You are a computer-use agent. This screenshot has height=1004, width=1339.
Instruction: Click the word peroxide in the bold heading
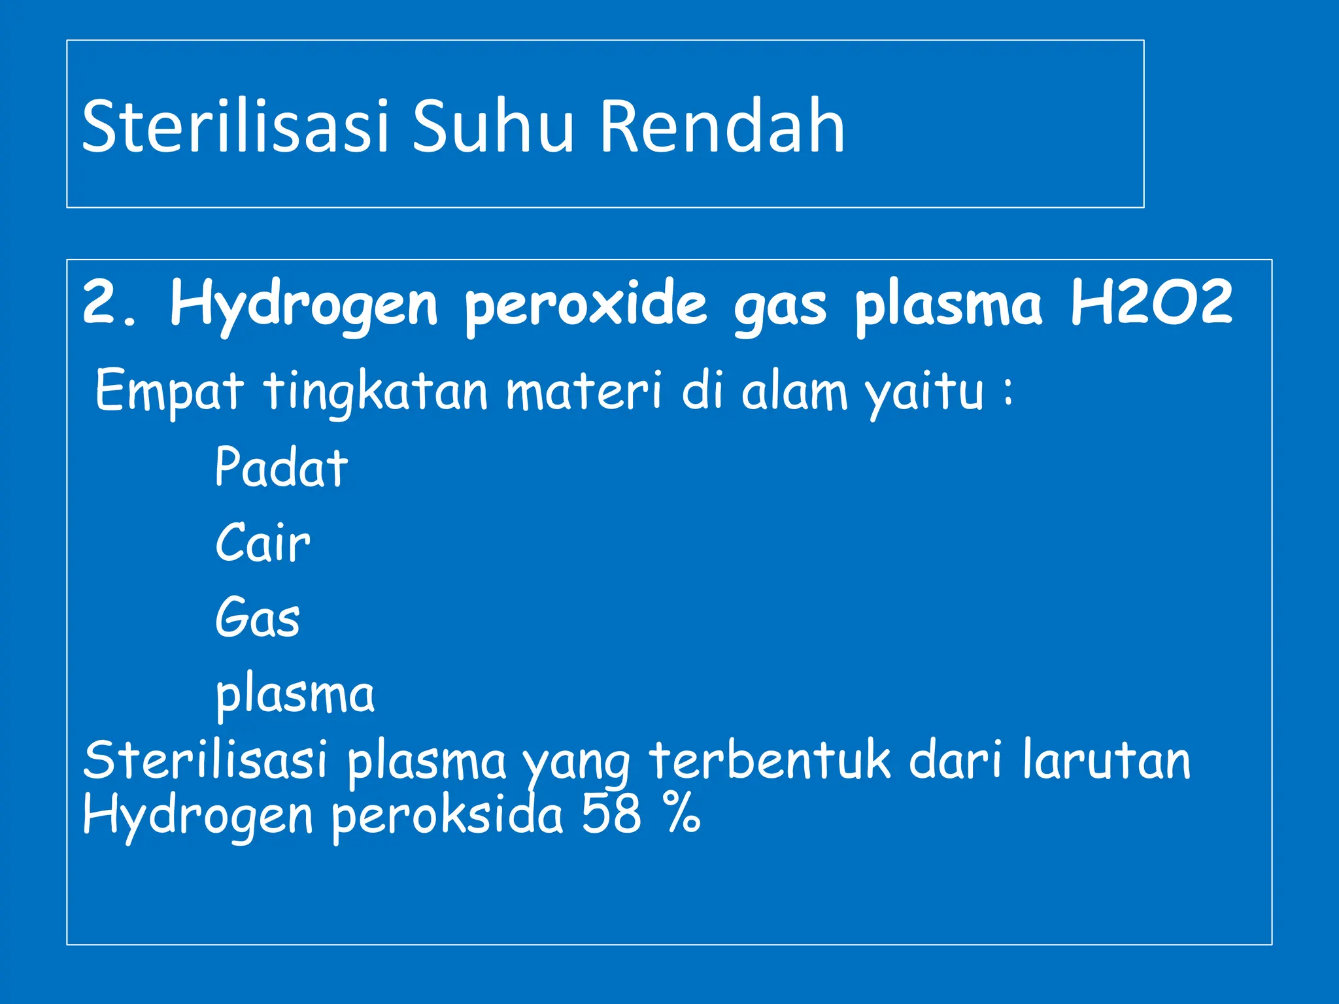coord(586,305)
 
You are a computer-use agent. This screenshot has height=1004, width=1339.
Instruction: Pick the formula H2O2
coord(1151,303)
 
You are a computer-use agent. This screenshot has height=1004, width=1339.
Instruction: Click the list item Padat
coord(281,467)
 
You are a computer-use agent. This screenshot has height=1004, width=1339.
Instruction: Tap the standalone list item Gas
coord(258,617)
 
